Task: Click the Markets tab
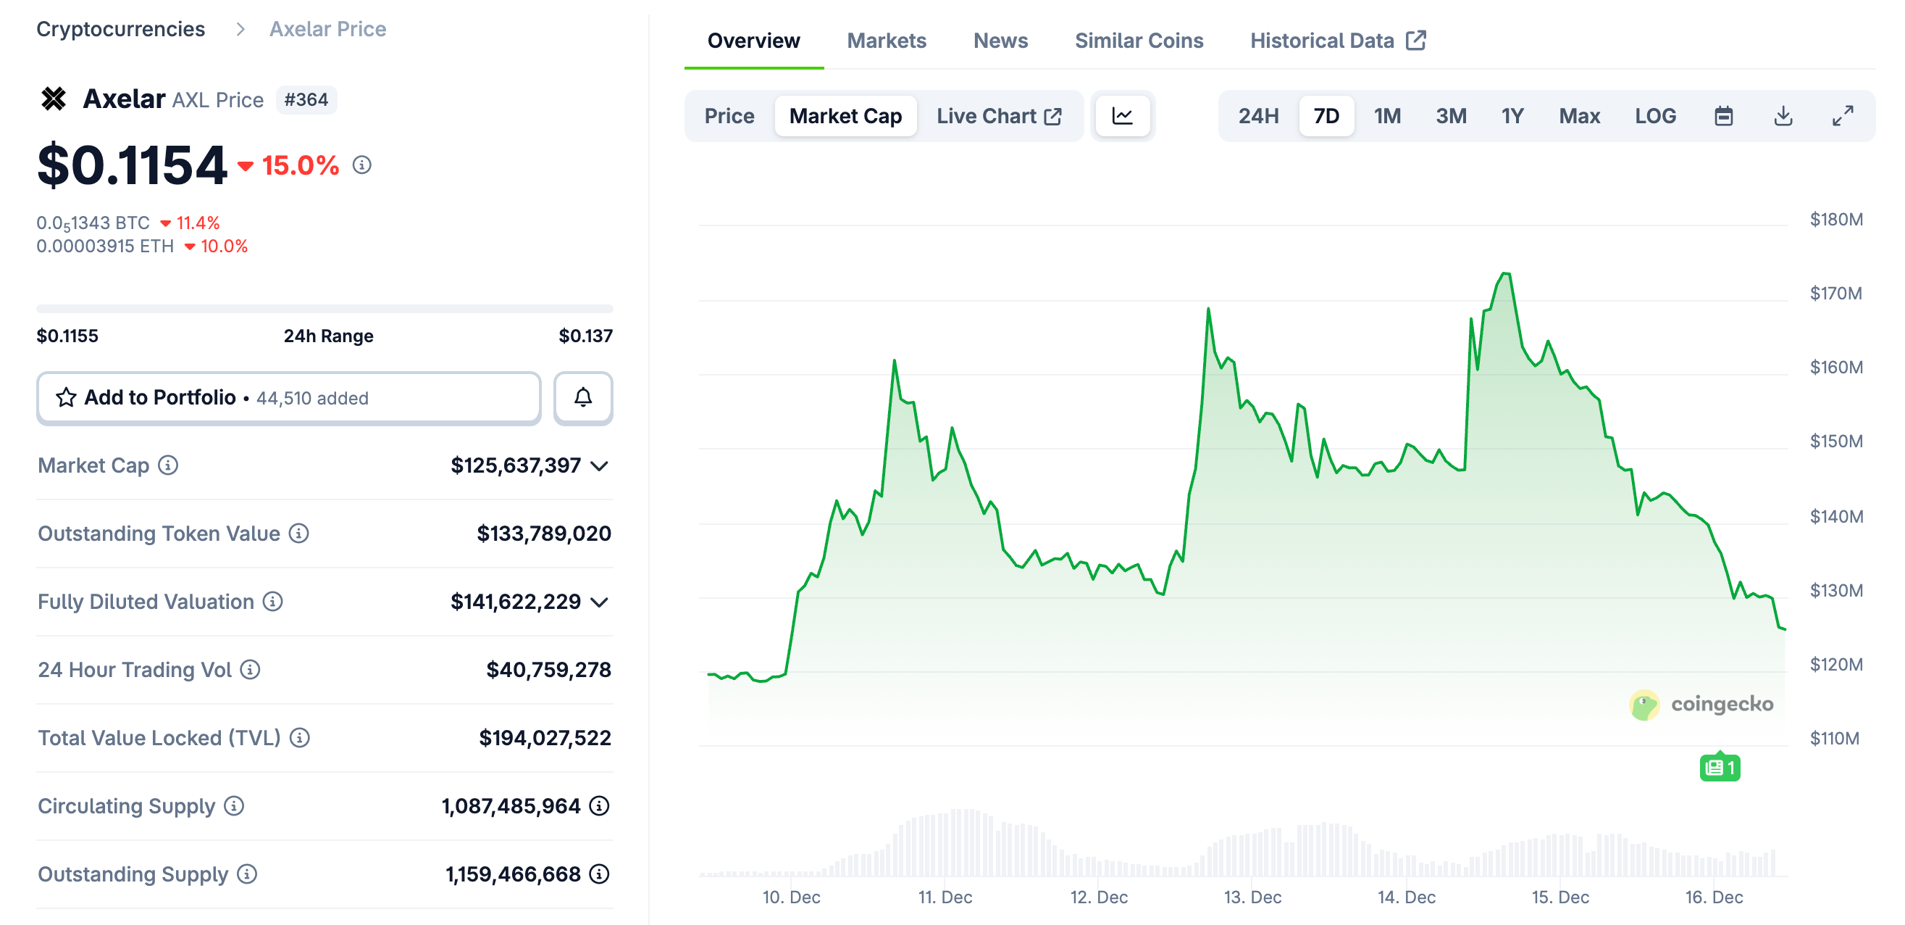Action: point(886,41)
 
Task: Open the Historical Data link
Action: point(1337,41)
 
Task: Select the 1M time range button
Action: point(1386,116)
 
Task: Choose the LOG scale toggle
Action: point(1654,116)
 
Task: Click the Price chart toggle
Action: point(729,116)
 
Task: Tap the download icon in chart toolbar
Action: point(1783,116)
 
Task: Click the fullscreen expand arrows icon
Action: point(1842,116)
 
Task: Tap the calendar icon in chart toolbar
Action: point(1723,116)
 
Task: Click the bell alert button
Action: point(583,398)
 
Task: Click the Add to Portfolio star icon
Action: point(66,398)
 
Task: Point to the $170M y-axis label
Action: point(1835,294)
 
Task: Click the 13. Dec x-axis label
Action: point(1252,897)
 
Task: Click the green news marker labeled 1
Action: point(1720,768)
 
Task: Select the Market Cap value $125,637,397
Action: point(516,465)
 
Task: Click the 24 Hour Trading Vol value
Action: point(548,670)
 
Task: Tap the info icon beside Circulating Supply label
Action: point(234,806)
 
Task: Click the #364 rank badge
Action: point(306,100)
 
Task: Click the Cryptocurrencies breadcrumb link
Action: point(120,29)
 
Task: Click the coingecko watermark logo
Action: point(1701,704)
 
